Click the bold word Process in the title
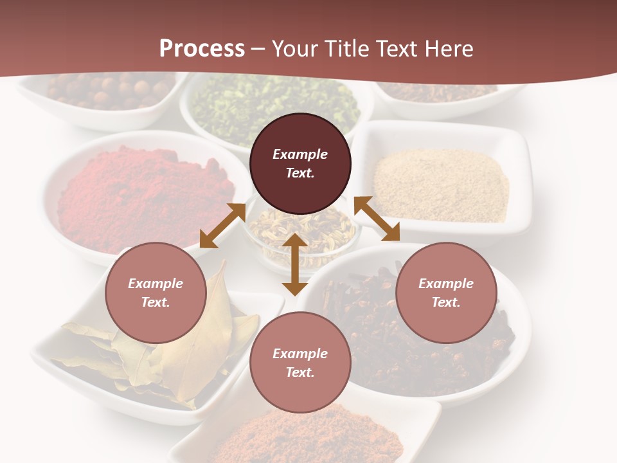(x=202, y=49)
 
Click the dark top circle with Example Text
(x=300, y=163)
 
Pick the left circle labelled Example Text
(x=156, y=293)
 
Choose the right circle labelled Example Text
(x=445, y=293)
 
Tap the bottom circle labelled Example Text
(x=300, y=363)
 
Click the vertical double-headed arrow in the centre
(x=295, y=264)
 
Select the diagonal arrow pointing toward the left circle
(x=222, y=225)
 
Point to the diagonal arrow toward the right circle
(x=377, y=219)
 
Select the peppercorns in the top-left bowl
(x=103, y=90)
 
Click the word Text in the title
(x=398, y=49)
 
